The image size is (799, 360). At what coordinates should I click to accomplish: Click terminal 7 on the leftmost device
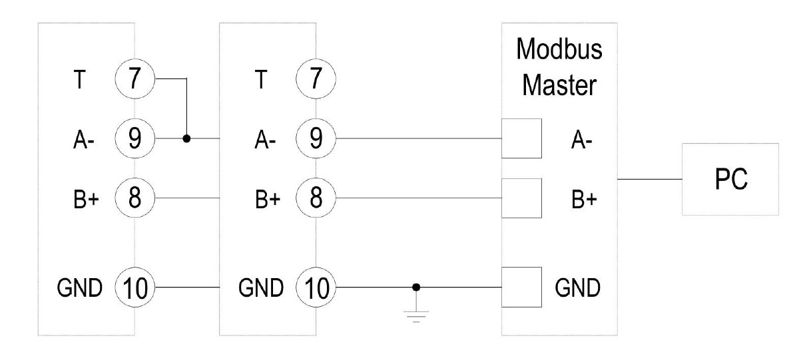tap(134, 79)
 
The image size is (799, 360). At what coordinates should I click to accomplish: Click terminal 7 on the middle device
tap(316, 79)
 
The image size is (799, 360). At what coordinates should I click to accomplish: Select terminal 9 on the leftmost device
tap(134, 138)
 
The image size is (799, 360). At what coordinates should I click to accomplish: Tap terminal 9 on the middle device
tap(316, 138)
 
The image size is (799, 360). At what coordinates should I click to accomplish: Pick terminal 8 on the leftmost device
tap(134, 198)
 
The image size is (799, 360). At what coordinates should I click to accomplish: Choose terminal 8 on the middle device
tap(316, 198)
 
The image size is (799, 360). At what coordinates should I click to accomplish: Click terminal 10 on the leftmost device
tap(134, 287)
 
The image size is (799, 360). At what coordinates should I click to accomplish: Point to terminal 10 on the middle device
tap(316, 287)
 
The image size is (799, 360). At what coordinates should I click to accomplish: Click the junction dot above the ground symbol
tap(416, 287)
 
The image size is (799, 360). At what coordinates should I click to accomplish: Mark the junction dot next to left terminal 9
tap(187, 138)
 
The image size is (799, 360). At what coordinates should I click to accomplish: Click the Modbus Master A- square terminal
tap(521, 138)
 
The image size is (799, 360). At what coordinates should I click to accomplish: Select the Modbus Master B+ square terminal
tap(521, 198)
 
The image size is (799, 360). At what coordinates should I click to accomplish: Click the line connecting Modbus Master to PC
tap(649, 179)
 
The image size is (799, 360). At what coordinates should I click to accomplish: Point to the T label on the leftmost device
tap(79, 79)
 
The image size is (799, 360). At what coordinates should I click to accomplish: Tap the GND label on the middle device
tap(261, 288)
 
